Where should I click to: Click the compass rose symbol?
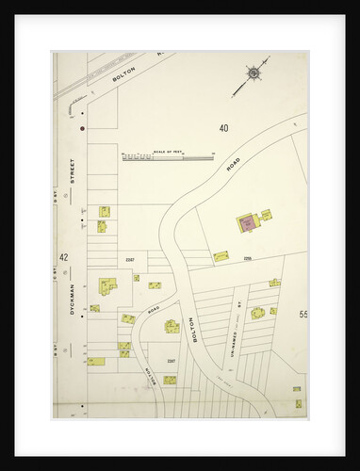pos(253,73)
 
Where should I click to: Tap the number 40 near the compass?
pos(223,127)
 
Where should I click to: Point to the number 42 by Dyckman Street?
pos(63,256)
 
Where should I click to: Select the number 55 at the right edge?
pos(303,313)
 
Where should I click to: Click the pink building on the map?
pos(247,222)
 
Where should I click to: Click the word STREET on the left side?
pos(72,175)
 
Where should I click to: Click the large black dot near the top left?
pos(83,126)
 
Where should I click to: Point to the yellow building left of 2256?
pos(221,255)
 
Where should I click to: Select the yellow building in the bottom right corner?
pos(298,402)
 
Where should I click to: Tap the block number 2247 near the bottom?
pos(171,361)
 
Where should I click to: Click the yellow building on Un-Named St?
pos(256,313)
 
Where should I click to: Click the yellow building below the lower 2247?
pos(170,380)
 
